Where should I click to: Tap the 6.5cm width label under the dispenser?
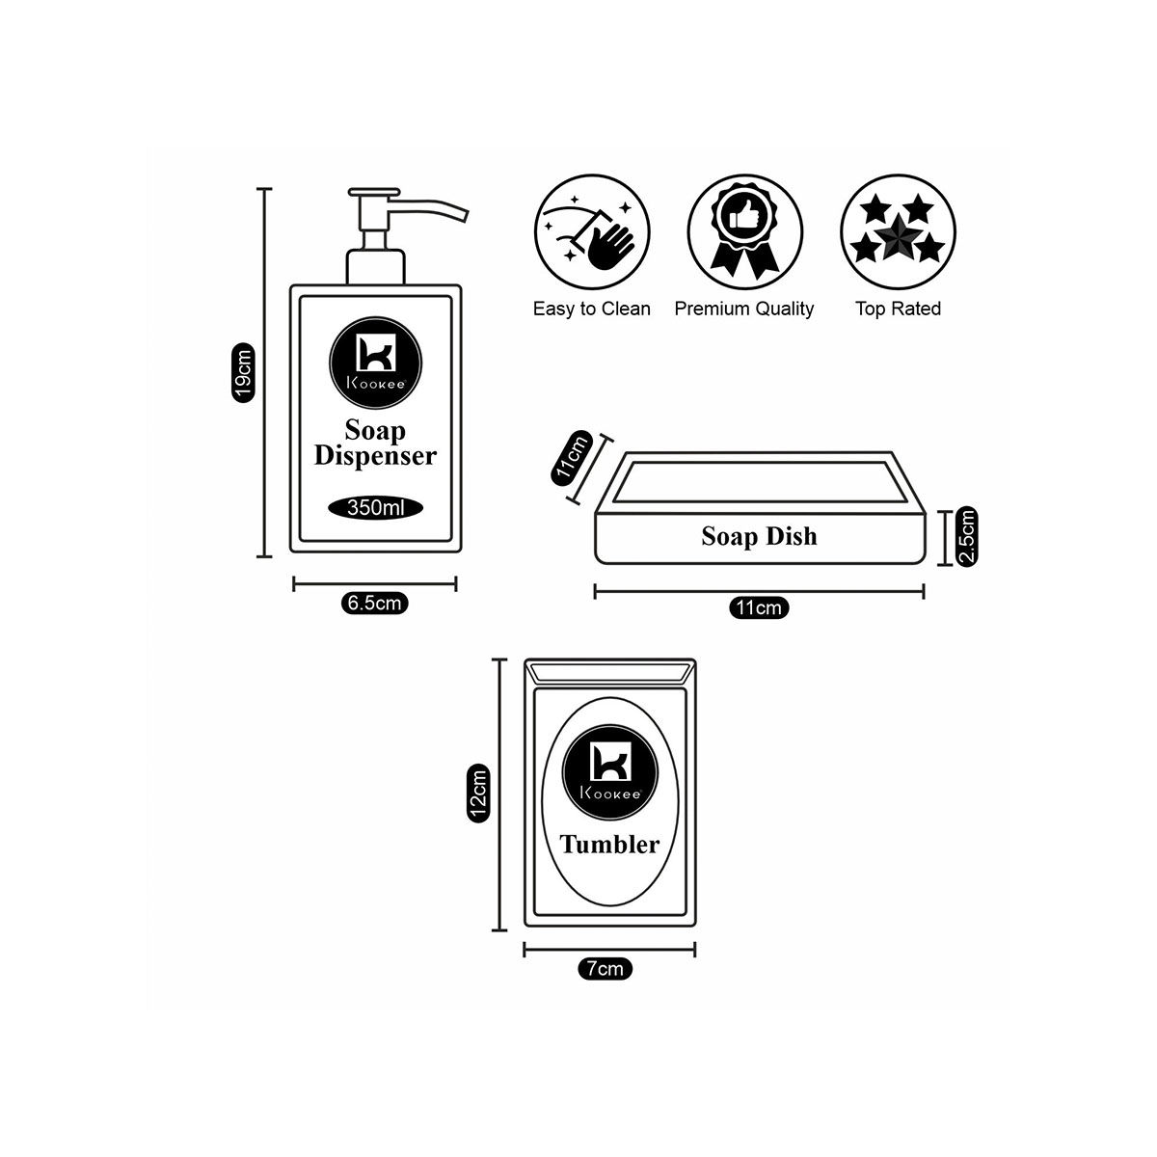374,605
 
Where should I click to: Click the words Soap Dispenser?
375,444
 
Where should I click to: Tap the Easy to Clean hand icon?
591,231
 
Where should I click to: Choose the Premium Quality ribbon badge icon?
744,231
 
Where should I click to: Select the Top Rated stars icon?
898,231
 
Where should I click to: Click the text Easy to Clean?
592,309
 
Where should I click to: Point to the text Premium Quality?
744,309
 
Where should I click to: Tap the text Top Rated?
898,309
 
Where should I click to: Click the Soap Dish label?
759,537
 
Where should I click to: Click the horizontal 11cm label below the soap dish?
759,608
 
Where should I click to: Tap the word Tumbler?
610,845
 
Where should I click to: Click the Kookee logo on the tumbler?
610,767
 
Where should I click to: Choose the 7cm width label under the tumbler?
605,969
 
